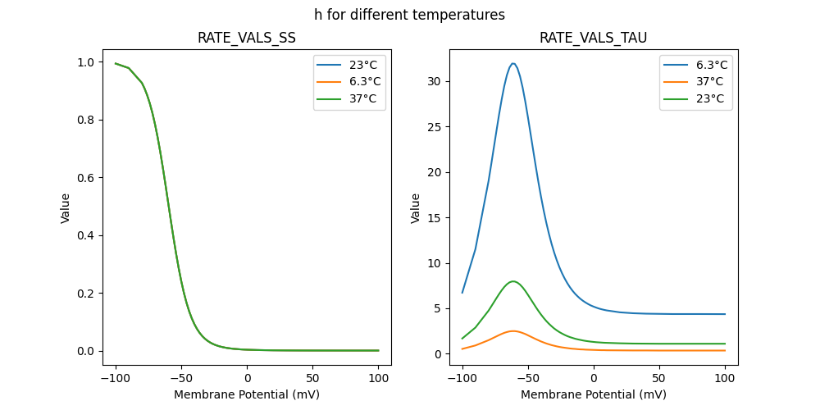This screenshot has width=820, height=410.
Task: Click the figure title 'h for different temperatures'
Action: (x=409, y=15)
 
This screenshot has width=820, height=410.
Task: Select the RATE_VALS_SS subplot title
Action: (x=247, y=38)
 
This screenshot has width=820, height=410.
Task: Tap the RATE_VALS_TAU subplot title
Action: (x=594, y=38)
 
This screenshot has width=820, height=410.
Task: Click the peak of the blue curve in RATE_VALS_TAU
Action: (x=513, y=63)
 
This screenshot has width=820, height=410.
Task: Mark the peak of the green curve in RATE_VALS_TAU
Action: (x=513, y=281)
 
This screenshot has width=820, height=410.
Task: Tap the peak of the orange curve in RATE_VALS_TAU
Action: (x=513, y=331)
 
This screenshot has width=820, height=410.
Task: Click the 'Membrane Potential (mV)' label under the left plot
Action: (x=247, y=394)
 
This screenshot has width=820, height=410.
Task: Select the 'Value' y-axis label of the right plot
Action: (x=416, y=208)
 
